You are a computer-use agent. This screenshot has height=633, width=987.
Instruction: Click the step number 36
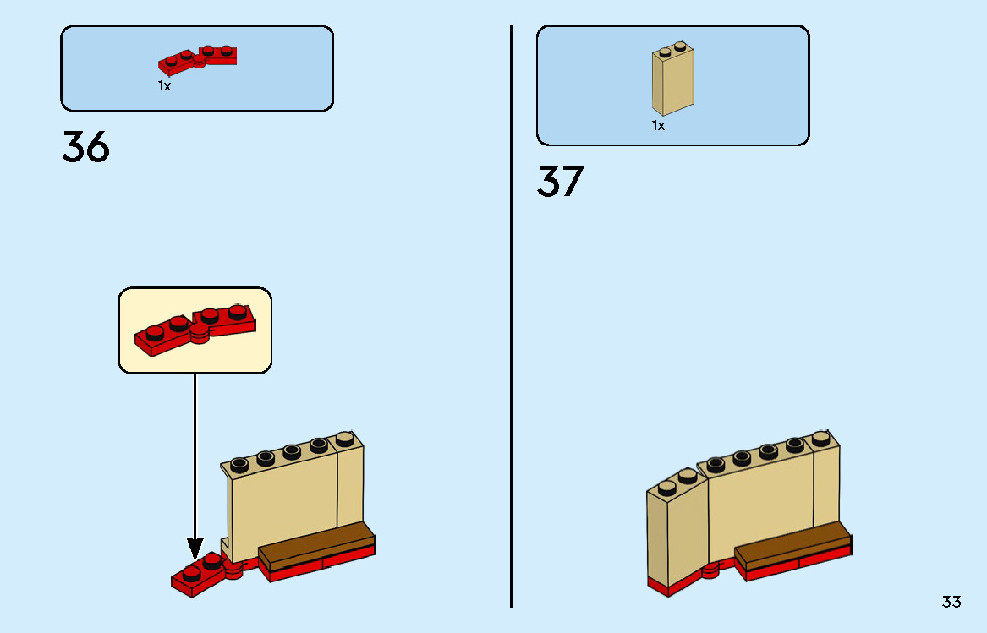click(85, 148)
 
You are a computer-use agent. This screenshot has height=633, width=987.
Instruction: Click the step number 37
click(560, 182)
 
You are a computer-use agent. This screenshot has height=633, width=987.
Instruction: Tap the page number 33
click(951, 602)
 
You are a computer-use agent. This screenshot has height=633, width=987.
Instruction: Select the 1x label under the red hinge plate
click(164, 86)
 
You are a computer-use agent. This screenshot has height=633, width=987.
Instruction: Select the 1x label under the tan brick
click(658, 126)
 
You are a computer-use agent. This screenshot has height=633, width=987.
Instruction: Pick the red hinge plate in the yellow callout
click(195, 329)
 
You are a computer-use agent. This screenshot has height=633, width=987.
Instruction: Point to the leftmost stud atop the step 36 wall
click(239, 462)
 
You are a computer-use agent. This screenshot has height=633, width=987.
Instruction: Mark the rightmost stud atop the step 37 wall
click(820, 438)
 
